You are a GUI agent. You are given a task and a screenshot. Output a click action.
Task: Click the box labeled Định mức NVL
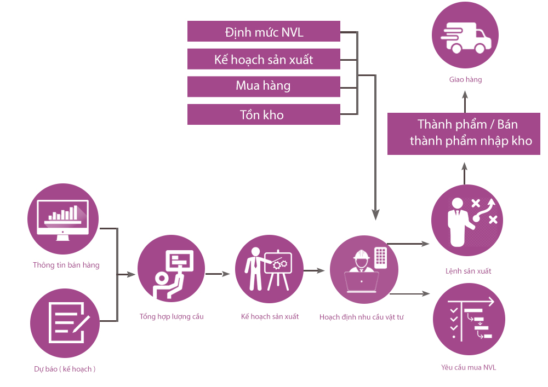click(x=264, y=32)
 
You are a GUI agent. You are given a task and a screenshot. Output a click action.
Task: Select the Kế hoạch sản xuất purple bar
click(x=264, y=59)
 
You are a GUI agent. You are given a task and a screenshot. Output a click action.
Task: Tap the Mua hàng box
click(x=264, y=86)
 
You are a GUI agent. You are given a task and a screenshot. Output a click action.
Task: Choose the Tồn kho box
click(x=264, y=114)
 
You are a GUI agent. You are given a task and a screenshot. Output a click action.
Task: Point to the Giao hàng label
click(x=465, y=80)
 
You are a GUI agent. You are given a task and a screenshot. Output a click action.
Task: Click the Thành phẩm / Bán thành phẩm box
click(x=464, y=133)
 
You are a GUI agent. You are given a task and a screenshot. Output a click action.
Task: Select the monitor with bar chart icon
click(x=62, y=218)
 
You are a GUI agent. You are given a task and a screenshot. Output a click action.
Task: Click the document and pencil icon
click(x=65, y=323)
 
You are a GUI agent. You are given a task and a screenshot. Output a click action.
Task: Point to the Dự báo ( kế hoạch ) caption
click(x=65, y=369)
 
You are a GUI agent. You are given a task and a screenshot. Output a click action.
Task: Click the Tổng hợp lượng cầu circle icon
click(x=172, y=273)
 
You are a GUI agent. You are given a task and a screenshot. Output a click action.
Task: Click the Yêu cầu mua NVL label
click(x=469, y=367)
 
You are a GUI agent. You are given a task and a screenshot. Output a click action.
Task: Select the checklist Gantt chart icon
click(x=467, y=320)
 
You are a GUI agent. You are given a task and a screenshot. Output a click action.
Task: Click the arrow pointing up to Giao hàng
click(x=465, y=101)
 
